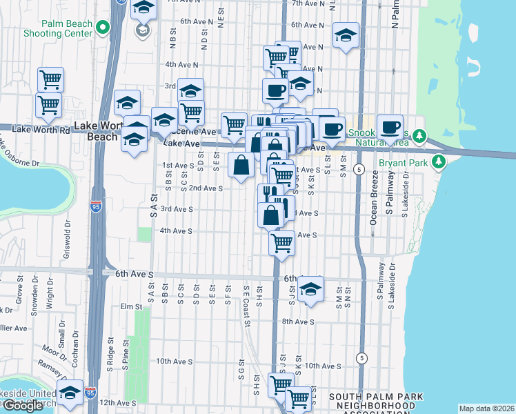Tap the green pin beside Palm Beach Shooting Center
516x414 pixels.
(x=103, y=28)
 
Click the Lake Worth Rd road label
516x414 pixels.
(x=41, y=129)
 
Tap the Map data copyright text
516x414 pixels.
(x=487, y=408)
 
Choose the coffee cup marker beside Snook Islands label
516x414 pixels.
(x=390, y=127)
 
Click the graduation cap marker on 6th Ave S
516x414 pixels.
(x=311, y=289)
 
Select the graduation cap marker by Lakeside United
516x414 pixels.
(x=70, y=393)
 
